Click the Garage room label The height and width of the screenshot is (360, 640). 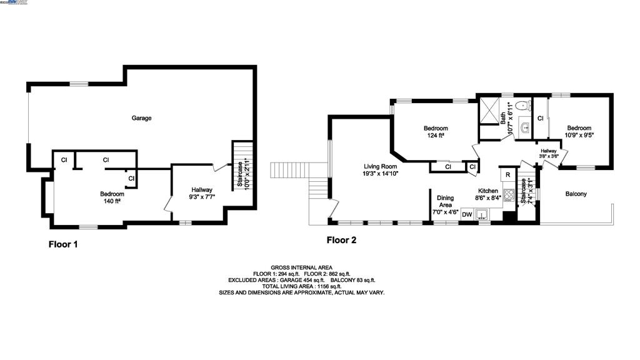coord(141,118)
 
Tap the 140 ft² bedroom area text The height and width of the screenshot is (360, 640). coord(112,201)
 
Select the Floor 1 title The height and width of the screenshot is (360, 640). coord(63,244)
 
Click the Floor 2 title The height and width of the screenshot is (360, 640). coord(341,239)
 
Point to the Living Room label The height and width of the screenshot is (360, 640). coord(381,167)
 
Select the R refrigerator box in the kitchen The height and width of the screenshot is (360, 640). coord(508,175)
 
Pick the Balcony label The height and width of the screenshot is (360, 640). coord(576,194)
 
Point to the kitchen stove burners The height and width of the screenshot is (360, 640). coord(509,196)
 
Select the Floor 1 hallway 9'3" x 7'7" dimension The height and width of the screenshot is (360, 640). coord(202,197)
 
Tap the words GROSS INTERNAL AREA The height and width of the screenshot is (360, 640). coord(301,267)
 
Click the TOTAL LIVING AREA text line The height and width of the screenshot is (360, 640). coord(301,286)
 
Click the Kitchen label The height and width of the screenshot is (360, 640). coord(487,191)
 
